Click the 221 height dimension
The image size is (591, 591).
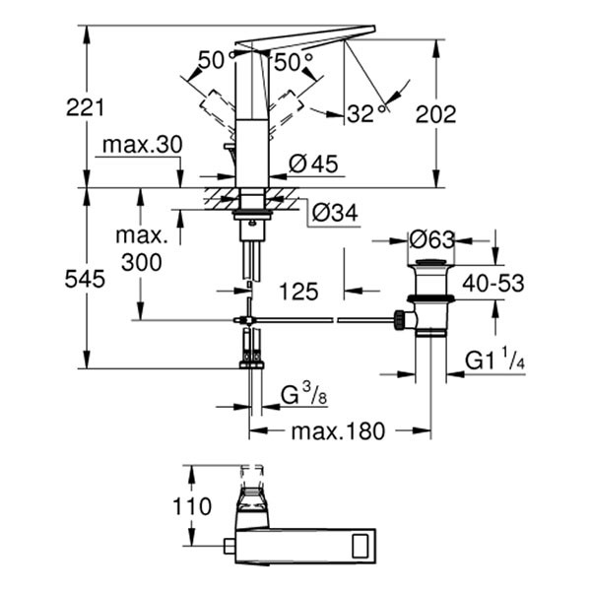click(x=86, y=106)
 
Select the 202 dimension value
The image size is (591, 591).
click(x=436, y=113)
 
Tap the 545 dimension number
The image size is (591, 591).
click(x=86, y=280)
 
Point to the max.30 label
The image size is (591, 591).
click(x=141, y=145)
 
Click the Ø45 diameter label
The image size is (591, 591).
click(x=313, y=164)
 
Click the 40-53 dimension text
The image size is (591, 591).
click(x=492, y=284)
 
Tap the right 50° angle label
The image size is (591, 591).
click(x=293, y=61)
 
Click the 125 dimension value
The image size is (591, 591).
click(x=296, y=292)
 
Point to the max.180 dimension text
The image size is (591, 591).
click(x=339, y=431)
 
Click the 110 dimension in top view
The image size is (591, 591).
click(x=191, y=507)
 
